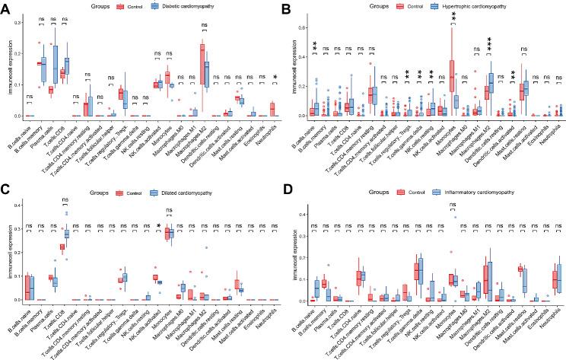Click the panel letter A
(7, 8)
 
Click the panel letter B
(291, 8)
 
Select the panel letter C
(7, 190)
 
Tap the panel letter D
(291, 190)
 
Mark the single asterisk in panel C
(157, 227)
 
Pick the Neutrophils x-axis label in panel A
(269, 134)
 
